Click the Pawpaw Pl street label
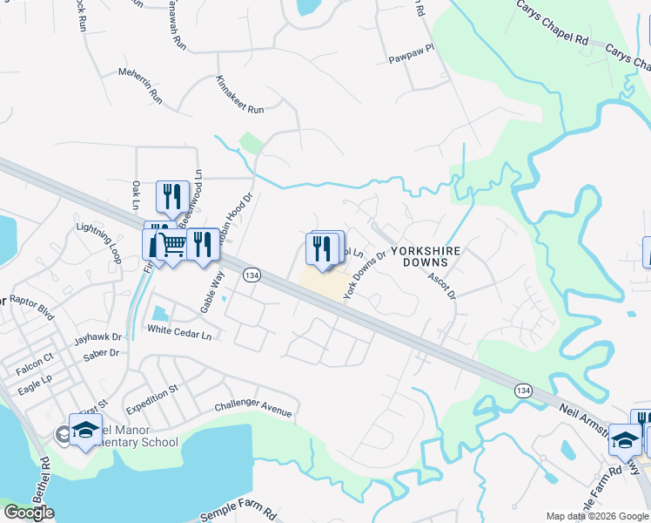410,58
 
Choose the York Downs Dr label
364,275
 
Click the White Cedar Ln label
179,330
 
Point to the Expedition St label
151,398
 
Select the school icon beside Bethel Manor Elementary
85,431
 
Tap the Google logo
29,513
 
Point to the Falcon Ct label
37,357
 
